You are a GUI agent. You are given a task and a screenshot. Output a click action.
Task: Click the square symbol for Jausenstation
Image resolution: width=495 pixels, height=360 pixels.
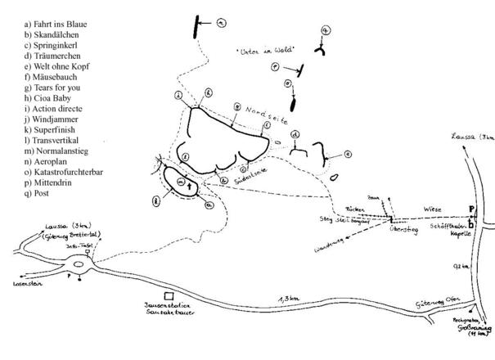coord(169,295)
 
